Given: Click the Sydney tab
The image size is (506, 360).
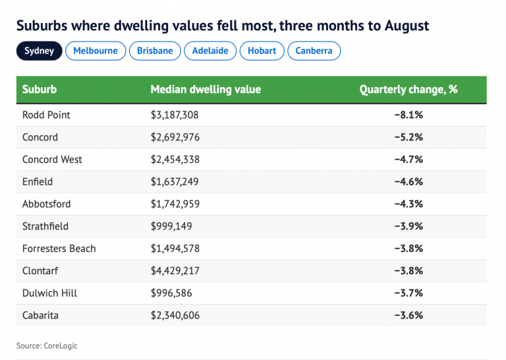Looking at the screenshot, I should [40, 51].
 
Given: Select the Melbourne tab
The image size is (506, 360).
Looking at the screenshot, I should [96, 51].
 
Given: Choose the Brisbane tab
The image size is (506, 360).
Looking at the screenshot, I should [155, 51].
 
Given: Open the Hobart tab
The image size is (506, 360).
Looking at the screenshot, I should [262, 51].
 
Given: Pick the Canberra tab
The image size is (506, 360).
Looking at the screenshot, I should [314, 51].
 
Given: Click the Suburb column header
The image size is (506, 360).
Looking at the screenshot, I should [40, 90].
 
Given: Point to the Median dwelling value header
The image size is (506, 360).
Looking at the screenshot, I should [206, 90].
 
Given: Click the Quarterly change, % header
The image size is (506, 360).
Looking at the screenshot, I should [408, 90].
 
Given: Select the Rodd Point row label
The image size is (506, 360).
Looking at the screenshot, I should [46, 115].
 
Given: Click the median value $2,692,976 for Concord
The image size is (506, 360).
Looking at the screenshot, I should [175, 137].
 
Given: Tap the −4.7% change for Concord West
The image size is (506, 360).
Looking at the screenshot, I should [408, 160].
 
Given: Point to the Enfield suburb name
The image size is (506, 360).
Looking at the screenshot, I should [38, 182].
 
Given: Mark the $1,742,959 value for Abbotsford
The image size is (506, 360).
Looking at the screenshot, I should [175, 204].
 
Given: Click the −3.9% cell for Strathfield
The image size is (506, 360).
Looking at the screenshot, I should [408, 226].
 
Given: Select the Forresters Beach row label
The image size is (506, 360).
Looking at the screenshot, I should [59, 249].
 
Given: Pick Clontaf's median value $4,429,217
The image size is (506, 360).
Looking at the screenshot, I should [175, 271].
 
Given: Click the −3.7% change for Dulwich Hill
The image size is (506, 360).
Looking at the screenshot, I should [408, 293].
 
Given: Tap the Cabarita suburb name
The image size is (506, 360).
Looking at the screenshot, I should [40, 315].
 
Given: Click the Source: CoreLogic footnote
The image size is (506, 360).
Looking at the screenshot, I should [47, 345].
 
